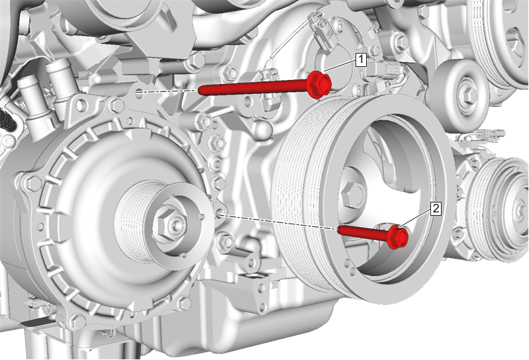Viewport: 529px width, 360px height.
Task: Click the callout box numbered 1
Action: click(x=361, y=60)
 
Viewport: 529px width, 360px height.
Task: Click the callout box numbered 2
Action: click(x=436, y=208)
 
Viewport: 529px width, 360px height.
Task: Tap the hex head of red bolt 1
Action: click(x=319, y=84)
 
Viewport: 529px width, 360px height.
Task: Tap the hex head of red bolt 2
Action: click(x=398, y=238)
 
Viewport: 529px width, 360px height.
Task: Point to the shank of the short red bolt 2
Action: click(x=363, y=232)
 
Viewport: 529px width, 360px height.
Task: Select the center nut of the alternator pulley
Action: click(x=169, y=223)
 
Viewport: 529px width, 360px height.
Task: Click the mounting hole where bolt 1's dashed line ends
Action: click(x=139, y=93)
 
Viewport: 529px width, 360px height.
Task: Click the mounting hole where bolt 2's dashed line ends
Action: click(x=219, y=212)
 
